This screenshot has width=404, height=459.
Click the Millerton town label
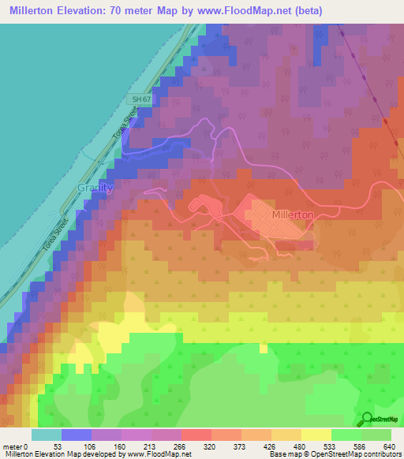(292, 214)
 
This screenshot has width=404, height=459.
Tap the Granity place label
(95, 188)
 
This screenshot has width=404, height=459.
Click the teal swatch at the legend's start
(46, 435)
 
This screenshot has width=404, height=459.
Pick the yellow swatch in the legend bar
(316, 435)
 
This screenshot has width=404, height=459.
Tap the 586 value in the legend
(361, 446)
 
